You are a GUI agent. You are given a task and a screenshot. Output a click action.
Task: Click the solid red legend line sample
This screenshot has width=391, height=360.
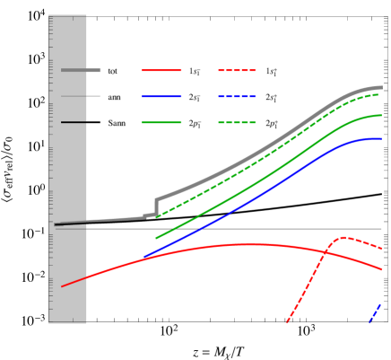[x=161, y=70]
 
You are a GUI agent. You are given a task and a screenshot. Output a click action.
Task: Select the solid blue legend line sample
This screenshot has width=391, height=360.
[x=161, y=96]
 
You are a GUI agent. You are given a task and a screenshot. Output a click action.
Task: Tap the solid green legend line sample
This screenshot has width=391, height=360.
[x=161, y=122]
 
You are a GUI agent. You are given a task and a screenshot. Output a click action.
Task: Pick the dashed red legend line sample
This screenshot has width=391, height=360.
[x=237, y=70]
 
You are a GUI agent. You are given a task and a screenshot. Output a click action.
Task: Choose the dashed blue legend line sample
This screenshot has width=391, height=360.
[x=237, y=96]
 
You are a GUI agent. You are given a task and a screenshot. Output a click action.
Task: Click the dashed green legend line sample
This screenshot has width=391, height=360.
[x=237, y=122]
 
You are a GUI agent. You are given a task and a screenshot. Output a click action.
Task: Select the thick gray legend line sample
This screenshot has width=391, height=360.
[x=81, y=70]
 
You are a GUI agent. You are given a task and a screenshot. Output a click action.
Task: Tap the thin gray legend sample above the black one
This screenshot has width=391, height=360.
[x=74, y=96]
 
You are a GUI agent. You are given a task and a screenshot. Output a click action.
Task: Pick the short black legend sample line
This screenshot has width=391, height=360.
[x=74, y=122]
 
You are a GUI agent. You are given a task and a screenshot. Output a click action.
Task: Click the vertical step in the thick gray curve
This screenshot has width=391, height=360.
[x=156, y=207]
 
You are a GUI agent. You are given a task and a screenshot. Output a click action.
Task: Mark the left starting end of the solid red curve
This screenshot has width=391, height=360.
[x=62, y=286]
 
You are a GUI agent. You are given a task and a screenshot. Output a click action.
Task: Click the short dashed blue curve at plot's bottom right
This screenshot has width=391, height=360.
[x=376, y=312]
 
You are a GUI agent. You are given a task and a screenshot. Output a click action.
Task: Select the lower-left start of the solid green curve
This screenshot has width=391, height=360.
[x=156, y=238]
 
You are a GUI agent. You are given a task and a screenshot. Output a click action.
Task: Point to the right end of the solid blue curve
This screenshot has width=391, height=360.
[x=381, y=138]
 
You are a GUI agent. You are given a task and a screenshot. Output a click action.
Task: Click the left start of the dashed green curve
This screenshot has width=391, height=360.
[x=157, y=216]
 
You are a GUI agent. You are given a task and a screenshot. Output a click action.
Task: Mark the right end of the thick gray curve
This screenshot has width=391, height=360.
[x=381, y=87]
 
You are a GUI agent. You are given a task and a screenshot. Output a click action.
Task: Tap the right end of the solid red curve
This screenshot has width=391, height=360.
[x=381, y=268]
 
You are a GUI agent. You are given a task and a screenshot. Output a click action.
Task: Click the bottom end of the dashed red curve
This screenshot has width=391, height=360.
[x=287, y=320]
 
